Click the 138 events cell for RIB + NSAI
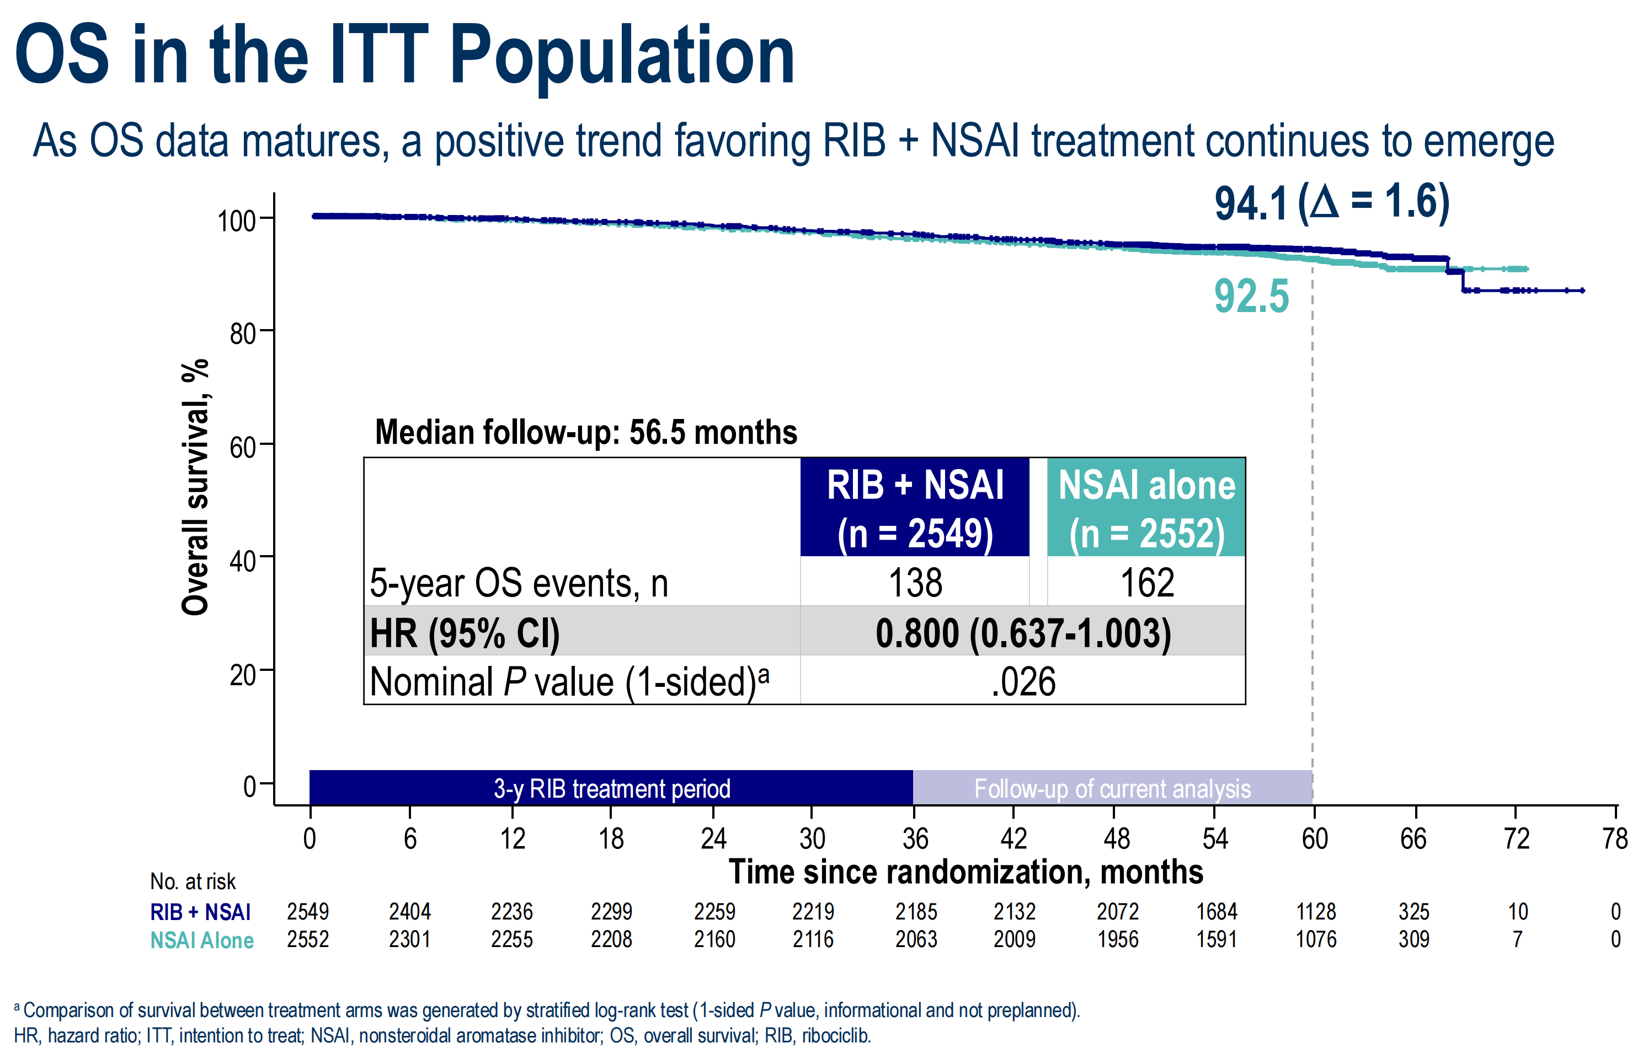click(914, 583)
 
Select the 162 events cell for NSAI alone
click(1146, 583)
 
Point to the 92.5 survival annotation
click(1251, 297)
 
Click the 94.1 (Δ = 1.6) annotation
click(1331, 203)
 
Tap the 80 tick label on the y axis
click(242, 334)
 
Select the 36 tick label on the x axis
click(915, 839)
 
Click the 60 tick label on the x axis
click(1314, 839)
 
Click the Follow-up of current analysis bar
click(1112, 788)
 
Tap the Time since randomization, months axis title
click(965, 873)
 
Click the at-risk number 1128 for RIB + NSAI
click(1316, 912)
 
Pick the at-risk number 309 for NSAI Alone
click(1413, 939)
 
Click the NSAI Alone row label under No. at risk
click(201, 940)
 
